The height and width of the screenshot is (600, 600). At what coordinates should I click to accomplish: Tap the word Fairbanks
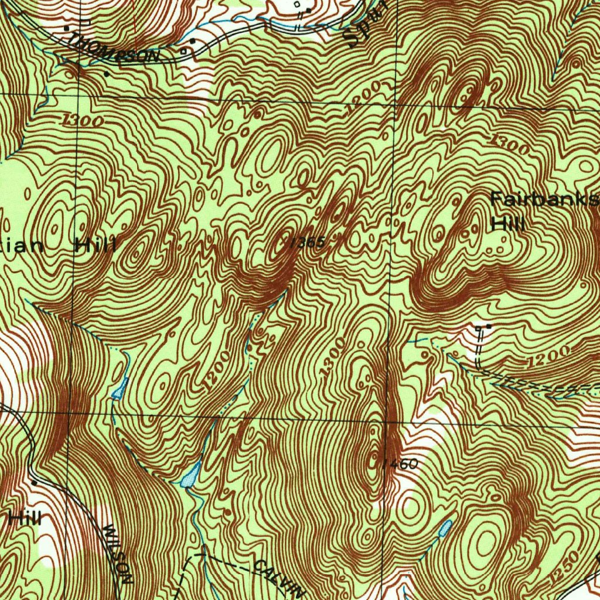tap(544, 200)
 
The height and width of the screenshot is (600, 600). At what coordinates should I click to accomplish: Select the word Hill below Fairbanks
tap(507, 223)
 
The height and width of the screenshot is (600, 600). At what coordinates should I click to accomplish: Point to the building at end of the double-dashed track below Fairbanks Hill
tap(488, 325)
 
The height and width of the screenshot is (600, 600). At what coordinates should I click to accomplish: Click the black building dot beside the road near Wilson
tap(34, 482)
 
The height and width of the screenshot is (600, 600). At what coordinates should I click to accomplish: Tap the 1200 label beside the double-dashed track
tap(548, 356)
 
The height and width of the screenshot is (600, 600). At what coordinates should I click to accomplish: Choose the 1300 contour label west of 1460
tap(332, 357)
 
